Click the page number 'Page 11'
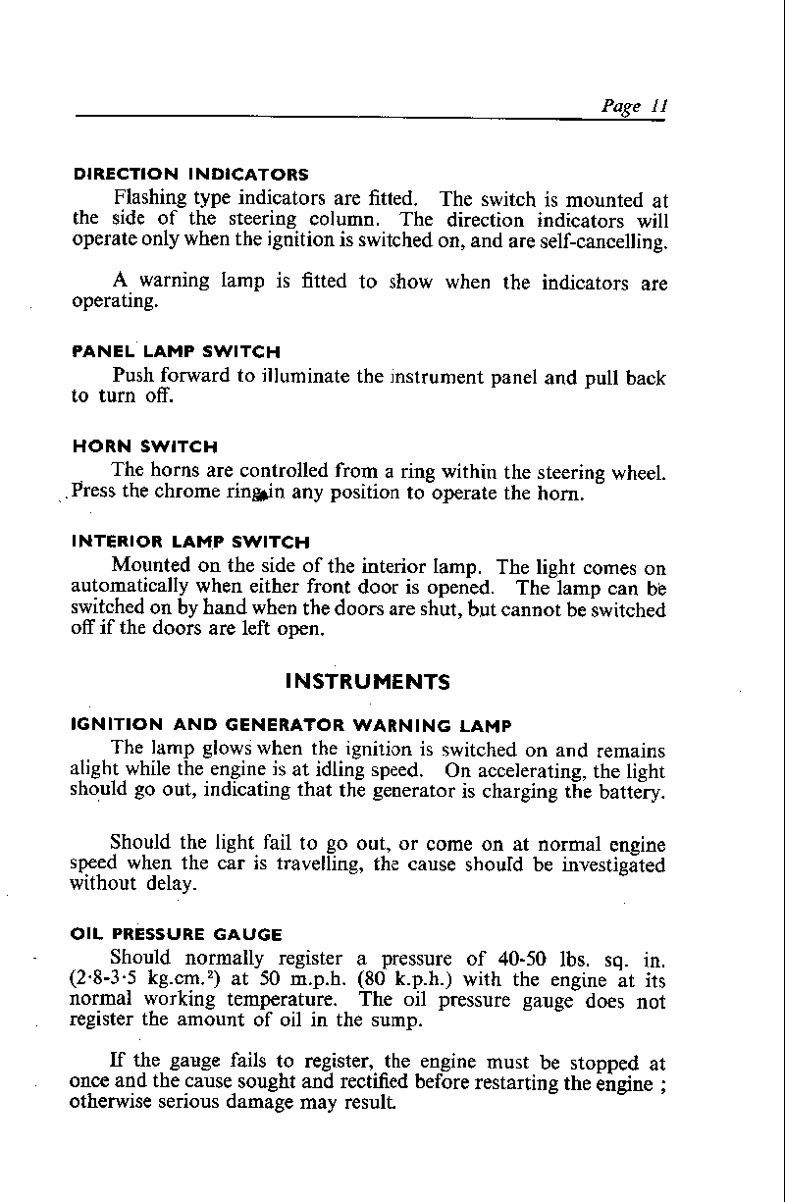click(x=634, y=107)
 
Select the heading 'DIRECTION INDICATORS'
click(x=191, y=176)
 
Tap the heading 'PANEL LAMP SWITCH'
click(x=177, y=351)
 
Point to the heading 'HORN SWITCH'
click(x=145, y=446)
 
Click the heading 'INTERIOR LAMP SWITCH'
click(x=191, y=542)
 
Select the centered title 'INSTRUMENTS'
click(x=367, y=681)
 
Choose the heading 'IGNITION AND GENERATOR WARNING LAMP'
click(x=292, y=726)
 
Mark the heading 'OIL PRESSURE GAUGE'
click(x=178, y=934)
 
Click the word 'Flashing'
click(x=151, y=199)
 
